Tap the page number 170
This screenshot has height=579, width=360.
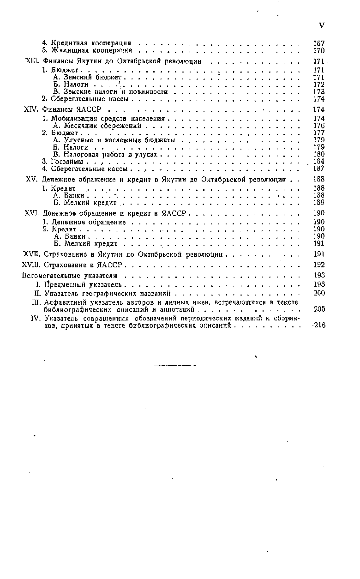319,50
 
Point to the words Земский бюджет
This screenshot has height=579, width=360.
87,78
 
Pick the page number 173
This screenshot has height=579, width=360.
319,92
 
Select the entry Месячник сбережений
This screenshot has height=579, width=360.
100,126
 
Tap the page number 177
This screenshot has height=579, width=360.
319,133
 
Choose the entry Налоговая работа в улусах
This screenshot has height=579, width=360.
105,154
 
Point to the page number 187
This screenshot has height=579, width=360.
319,169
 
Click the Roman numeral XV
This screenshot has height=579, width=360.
30,179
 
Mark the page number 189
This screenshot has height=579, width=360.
319,202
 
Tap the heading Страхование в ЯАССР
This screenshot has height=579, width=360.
83,265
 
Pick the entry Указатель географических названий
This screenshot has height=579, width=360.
107,293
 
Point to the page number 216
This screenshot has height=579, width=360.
319,325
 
